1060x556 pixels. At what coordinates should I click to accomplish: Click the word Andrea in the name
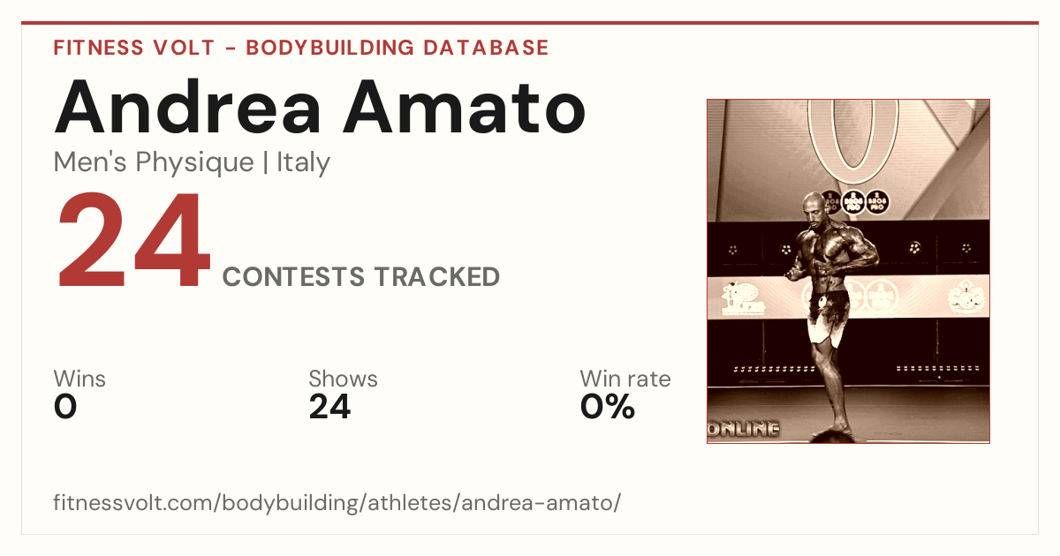coord(188,107)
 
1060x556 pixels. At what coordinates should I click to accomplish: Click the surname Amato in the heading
coord(465,108)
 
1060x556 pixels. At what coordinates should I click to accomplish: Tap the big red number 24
coord(134,239)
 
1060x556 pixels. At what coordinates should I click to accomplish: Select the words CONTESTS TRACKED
coord(361,276)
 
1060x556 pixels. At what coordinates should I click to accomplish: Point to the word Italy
coord(303,162)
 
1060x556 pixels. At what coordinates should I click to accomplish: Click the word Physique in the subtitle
coord(195,163)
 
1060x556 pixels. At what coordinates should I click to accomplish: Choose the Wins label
coord(79,379)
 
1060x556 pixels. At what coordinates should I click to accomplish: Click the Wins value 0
coord(65,407)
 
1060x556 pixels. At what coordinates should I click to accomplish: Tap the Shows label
coord(343,379)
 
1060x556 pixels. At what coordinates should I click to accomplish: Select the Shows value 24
coord(329,407)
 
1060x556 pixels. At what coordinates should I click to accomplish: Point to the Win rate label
coord(625,379)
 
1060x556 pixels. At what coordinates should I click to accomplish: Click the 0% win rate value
coord(608,407)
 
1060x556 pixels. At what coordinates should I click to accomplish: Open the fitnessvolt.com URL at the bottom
coord(337,502)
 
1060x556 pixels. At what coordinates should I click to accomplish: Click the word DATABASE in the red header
coord(486,48)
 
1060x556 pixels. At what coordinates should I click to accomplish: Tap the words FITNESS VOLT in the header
coord(134,48)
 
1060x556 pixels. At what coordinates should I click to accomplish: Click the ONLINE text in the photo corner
coord(744,429)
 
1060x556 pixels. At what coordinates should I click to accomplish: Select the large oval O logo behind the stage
coord(853,139)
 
